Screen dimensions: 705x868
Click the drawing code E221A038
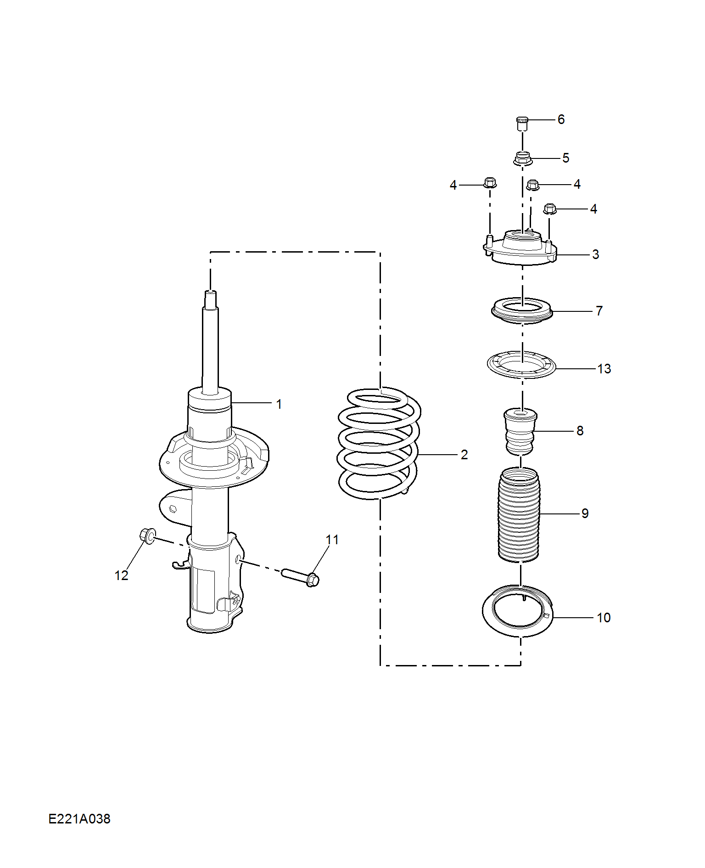79,818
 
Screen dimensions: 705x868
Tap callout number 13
604,368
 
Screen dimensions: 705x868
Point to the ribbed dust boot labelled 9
519,514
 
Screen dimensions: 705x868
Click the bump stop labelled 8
520,431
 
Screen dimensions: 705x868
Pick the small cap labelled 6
522,124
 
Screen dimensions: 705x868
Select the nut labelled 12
147,535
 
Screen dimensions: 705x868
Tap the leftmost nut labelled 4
490,182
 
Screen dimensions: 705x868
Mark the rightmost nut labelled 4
550,209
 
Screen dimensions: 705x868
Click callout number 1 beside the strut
279,404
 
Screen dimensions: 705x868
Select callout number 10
604,618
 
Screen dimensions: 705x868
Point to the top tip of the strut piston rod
210,292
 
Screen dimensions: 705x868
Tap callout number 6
561,119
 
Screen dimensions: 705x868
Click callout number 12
121,575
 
